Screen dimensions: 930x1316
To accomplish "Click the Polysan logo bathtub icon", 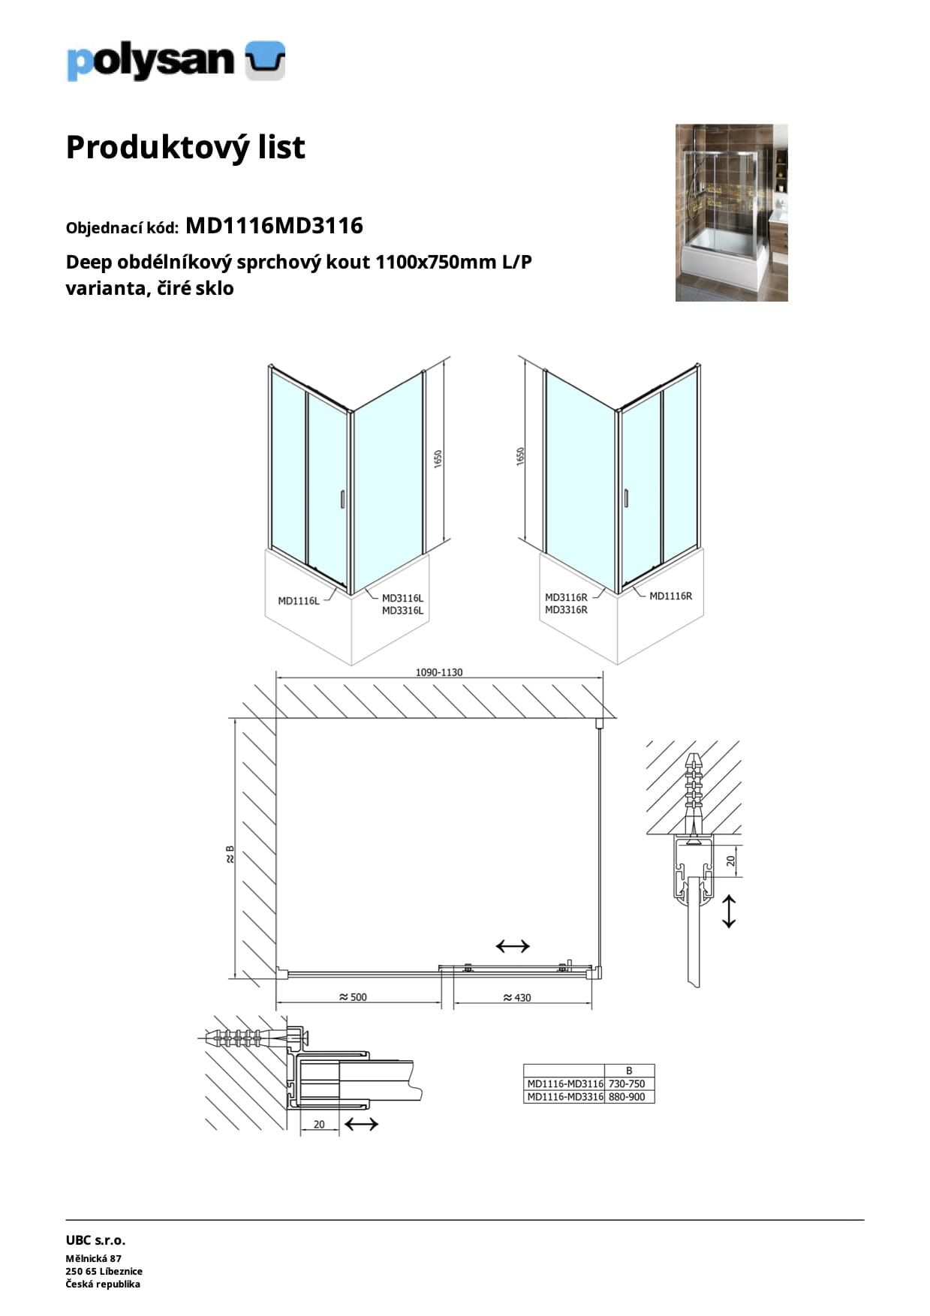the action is tap(266, 61).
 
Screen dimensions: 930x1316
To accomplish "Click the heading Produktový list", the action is tap(185, 147).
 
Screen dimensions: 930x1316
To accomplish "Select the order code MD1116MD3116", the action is tap(274, 225).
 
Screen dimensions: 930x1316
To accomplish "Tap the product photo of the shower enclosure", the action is tap(731, 212).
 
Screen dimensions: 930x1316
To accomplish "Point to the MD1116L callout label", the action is tap(298, 600).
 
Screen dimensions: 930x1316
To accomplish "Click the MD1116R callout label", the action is tap(670, 596).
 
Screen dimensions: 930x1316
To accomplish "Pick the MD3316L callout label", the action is tap(402, 611).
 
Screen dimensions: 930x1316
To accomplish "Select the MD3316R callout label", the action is tap(566, 610).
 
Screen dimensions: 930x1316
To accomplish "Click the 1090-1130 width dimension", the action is tap(439, 672).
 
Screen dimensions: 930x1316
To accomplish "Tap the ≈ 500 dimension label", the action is tap(353, 997).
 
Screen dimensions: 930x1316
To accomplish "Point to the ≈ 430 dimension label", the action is tap(516, 997).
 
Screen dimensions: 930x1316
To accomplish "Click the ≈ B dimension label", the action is tap(230, 854).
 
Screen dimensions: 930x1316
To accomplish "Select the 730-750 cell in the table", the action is tap(627, 1083).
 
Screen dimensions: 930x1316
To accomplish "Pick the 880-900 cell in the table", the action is tap(627, 1096).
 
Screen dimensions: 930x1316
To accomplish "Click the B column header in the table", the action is tap(629, 1071).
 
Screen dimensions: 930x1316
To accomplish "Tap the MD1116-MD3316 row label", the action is tap(564, 1096).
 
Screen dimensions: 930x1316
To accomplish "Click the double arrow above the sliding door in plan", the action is tap(513, 946).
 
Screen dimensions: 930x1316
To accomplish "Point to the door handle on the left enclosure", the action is tap(342, 500).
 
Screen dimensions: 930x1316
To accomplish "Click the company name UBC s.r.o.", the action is tap(95, 1240).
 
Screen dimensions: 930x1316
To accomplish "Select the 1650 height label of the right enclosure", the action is tap(521, 456).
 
